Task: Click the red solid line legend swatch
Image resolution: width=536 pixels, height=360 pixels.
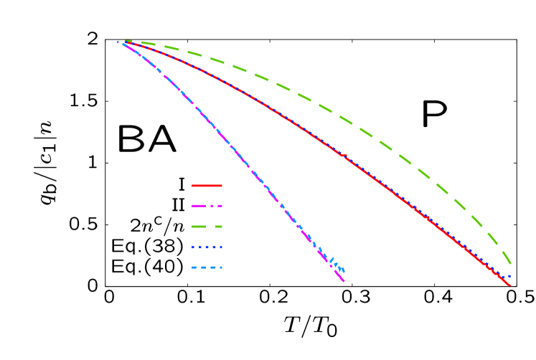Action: pyautogui.click(x=207, y=186)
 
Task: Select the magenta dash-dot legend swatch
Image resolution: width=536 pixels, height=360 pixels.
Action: pyautogui.click(x=207, y=206)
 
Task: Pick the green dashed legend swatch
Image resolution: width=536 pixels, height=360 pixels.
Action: pyautogui.click(x=207, y=227)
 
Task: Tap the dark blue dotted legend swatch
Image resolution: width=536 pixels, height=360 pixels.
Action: pyautogui.click(x=207, y=247)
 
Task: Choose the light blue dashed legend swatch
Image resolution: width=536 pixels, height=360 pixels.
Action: pyautogui.click(x=207, y=267)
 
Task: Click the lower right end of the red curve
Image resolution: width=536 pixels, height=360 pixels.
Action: pyautogui.click(x=510, y=286)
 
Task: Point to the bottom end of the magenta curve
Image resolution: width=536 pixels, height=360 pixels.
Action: pyautogui.click(x=344, y=281)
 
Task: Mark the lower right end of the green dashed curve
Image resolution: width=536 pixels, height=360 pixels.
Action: pyautogui.click(x=511, y=264)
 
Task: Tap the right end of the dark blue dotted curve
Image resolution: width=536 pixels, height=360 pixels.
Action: pyautogui.click(x=510, y=276)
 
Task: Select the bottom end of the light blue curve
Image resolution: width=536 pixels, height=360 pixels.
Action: pyautogui.click(x=344, y=271)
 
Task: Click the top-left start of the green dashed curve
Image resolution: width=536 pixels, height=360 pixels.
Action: pyautogui.click(x=126, y=41)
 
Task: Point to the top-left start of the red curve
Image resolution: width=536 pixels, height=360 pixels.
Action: pyautogui.click(x=123, y=42)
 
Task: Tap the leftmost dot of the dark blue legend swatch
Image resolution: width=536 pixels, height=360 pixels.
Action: pyautogui.click(x=194, y=247)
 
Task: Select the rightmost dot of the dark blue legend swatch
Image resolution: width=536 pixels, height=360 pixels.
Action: pyautogui.click(x=220, y=247)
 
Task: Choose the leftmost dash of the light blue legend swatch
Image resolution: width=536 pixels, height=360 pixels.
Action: pyautogui.click(x=194, y=267)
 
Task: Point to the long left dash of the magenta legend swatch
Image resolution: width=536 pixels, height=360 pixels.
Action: pyautogui.click(x=199, y=206)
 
